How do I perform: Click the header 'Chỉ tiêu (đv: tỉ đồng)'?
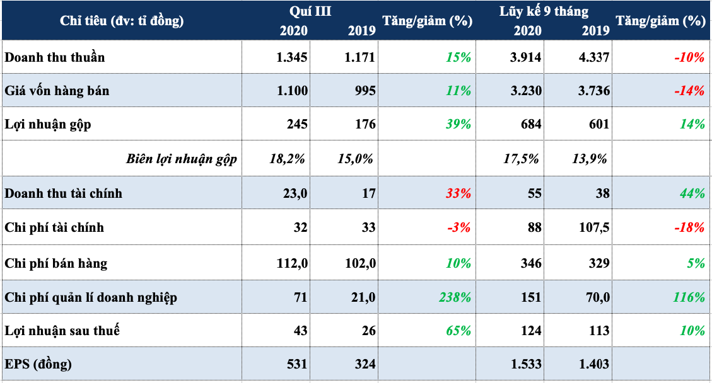122,21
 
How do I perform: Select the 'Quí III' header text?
310,11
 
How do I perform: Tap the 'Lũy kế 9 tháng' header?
544,11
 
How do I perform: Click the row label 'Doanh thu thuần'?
54,57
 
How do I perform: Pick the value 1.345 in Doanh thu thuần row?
291,57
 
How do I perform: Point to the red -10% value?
689,57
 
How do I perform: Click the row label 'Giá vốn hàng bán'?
57,91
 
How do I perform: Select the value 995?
365,91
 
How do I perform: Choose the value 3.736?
594,91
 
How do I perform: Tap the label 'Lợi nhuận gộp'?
48,124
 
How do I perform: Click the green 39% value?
458,124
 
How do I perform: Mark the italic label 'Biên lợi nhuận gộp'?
182,159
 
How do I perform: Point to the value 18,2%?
288,158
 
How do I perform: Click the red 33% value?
458,193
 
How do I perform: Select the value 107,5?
594,227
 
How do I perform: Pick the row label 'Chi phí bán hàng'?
56,263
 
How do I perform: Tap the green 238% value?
455,297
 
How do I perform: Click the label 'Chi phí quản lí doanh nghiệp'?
91,298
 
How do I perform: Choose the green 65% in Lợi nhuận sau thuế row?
458,330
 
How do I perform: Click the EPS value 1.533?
526,364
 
